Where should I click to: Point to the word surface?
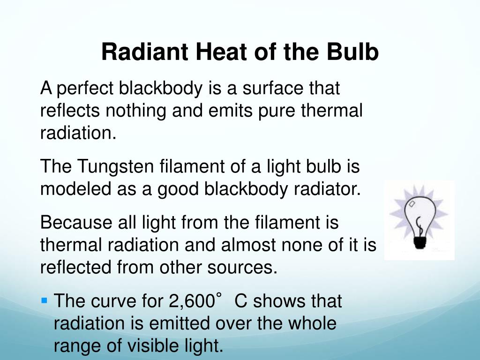coord(260,88)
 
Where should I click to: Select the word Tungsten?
coord(117,166)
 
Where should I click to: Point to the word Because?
coord(74,222)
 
